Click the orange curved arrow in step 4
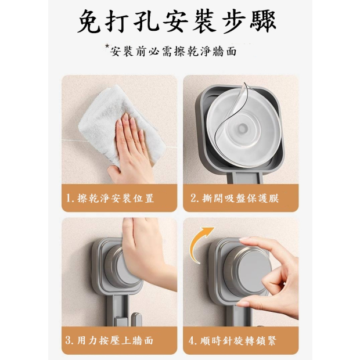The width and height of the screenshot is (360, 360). point(196,243)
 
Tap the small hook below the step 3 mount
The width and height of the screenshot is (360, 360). point(136,319)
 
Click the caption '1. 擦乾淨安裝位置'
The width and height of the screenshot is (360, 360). point(110,199)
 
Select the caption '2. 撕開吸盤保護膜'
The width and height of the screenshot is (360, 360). point(235,199)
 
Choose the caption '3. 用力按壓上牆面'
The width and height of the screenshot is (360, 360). point(109,340)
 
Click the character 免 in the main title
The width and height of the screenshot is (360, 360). point(89,21)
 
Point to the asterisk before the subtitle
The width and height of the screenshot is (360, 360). point(107,46)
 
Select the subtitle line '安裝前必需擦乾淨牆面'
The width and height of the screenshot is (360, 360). point(173,51)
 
